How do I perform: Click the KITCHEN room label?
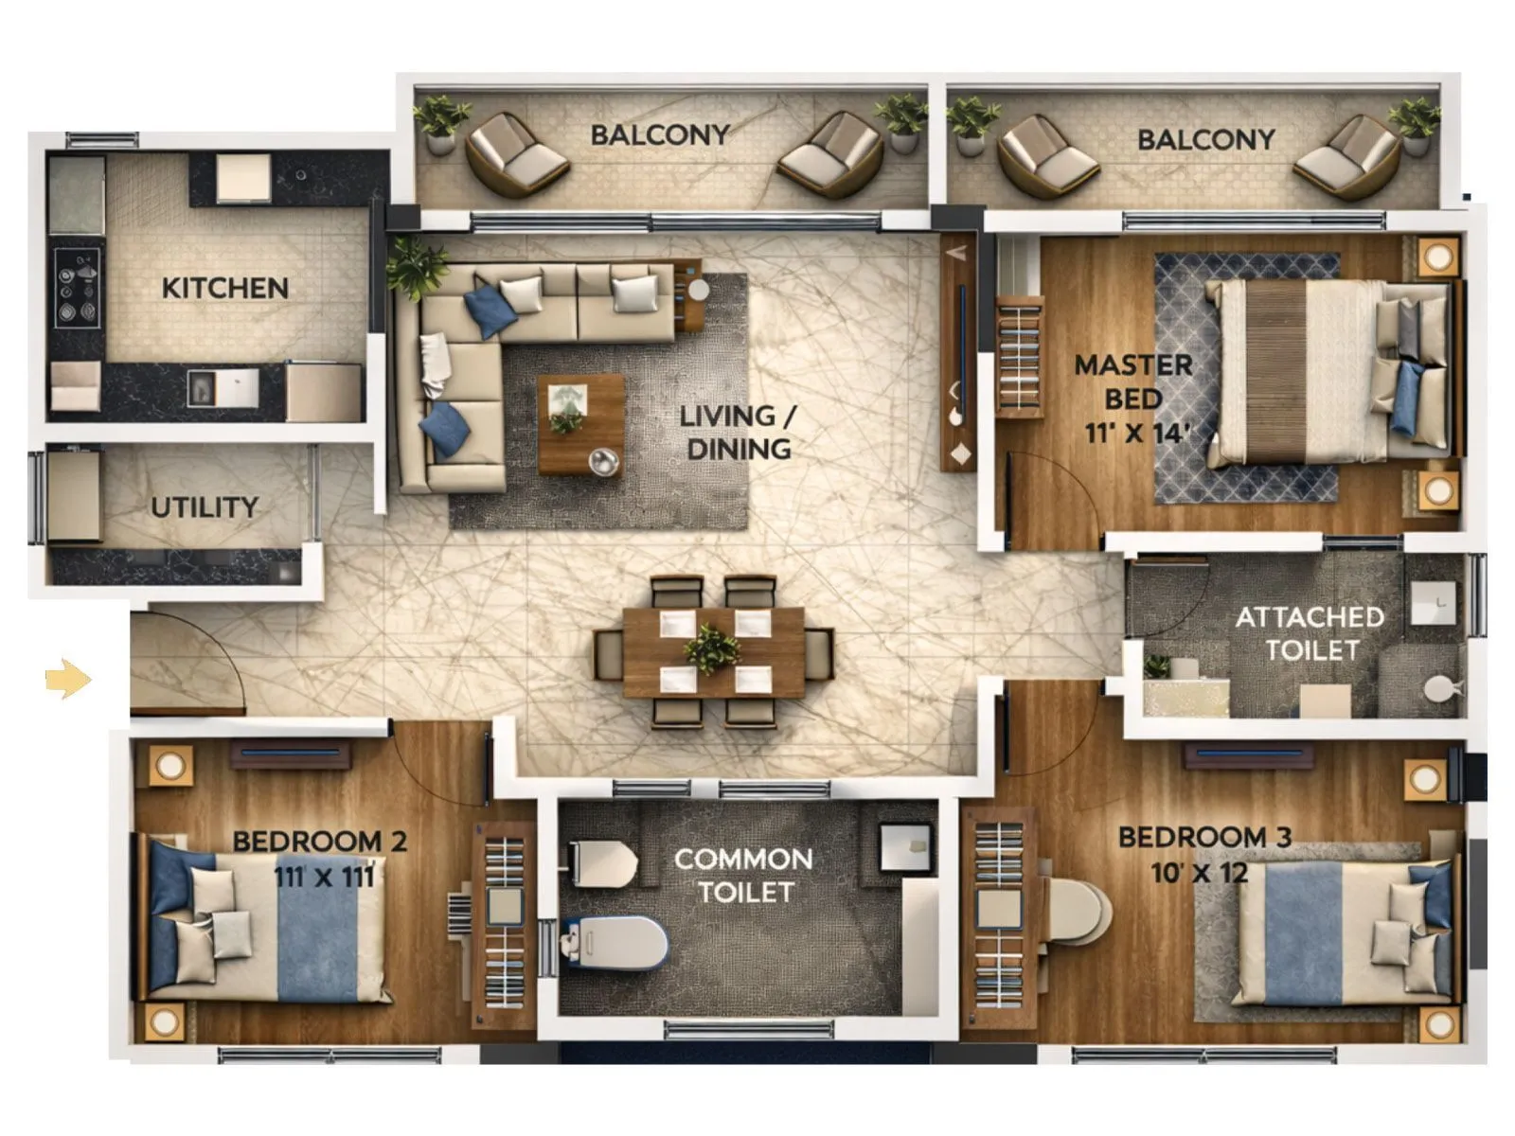[x=224, y=288]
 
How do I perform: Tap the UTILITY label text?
[x=205, y=507]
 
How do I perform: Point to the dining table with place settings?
[x=714, y=651]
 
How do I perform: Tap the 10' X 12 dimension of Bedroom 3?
[x=1199, y=872]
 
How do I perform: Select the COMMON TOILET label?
[x=744, y=875]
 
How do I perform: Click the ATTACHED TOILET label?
[x=1310, y=633]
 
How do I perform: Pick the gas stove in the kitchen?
[x=77, y=288]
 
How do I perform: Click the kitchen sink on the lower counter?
[x=223, y=387]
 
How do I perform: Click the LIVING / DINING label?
[x=738, y=432]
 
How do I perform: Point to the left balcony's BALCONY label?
[x=660, y=135]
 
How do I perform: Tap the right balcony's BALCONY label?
[x=1205, y=140]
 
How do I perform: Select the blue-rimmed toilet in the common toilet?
[x=616, y=942]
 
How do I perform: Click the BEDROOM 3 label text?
[x=1204, y=837]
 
